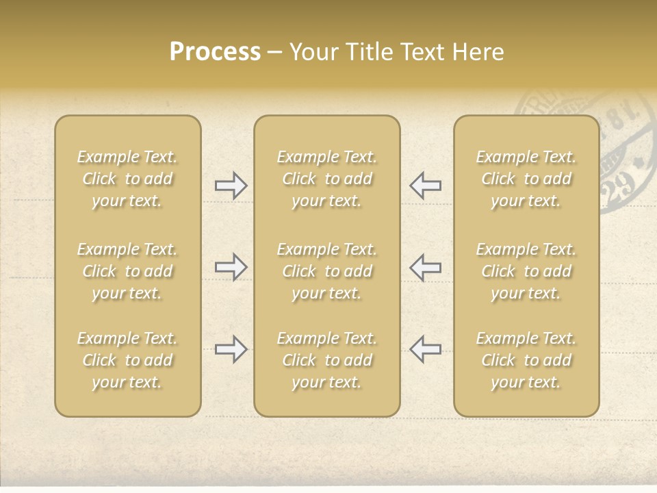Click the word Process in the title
(215, 52)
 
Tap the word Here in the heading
(479, 52)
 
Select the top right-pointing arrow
(231, 186)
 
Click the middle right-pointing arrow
(231, 267)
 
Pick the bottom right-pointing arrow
(231, 349)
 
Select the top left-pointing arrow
(425, 186)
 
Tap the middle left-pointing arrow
(425, 267)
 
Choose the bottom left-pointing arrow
(425, 349)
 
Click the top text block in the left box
(127, 179)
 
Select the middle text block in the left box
(127, 271)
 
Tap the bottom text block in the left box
(127, 360)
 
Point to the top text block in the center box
(326, 179)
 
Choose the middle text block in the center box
(326, 271)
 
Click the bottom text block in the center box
(326, 360)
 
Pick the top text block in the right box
(526, 179)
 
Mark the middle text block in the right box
(526, 271)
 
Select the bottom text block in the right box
(526, 360)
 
